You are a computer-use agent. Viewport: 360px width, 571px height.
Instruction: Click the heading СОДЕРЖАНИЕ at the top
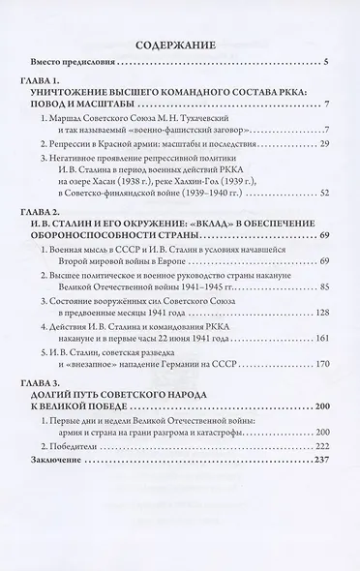180,44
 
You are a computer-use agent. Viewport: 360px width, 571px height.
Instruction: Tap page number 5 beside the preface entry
325,65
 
